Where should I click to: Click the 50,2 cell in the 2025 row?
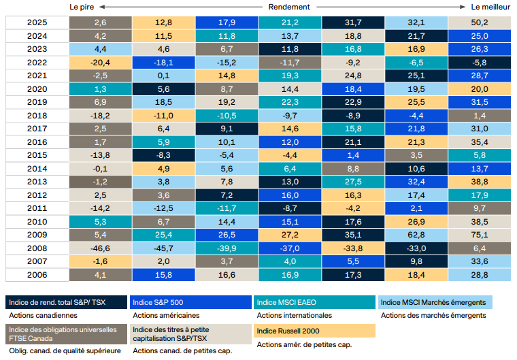coord(480,23)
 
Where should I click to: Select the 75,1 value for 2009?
coord(480,235)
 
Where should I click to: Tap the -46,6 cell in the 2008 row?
coord(100,248)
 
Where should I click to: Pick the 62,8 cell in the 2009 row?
coord(416,235)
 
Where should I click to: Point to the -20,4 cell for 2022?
coord(100,63)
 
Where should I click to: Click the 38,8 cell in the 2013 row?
coord(480,182)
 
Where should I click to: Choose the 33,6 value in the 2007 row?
coord(480,261)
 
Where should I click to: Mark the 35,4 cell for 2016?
coord(480,142)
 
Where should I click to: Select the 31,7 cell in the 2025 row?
coord(353,23)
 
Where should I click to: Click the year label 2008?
coord(37,248)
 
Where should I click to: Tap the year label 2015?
coord(37,155)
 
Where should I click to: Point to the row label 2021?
coord(37,76)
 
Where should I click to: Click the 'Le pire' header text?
coord(82,6)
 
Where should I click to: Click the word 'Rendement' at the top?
coord(288,6)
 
